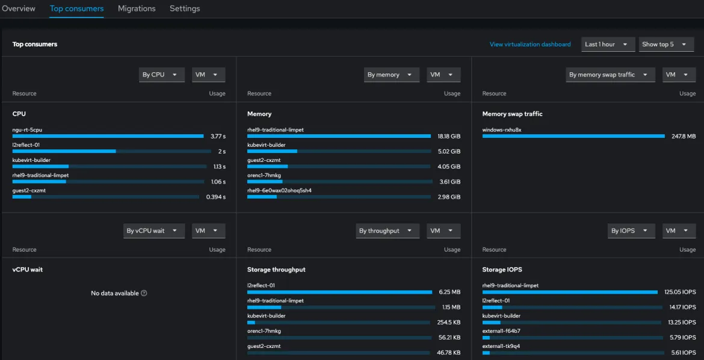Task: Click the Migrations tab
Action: pos(137,8)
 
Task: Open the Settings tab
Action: pos(185,8)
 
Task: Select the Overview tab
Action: pos(19,8)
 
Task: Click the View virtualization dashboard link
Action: pos(530,45)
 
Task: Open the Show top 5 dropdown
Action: pos(666,45)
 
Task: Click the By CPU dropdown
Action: pos(161,75)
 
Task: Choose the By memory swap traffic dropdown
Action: pos(610,75)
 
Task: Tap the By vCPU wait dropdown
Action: pos(153,231)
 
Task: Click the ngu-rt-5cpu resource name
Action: pos(27,129)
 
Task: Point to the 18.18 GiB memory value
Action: pos(449,136)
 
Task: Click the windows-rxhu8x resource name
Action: pos(502,129)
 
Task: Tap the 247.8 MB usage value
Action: pos(684,136)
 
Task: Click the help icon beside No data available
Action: pos(144,293)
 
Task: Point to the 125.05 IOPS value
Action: pos(680,292)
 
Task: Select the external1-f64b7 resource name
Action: pos(501,331)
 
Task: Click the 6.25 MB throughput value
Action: pos(449,292)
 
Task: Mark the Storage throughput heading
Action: pos(276,270)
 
